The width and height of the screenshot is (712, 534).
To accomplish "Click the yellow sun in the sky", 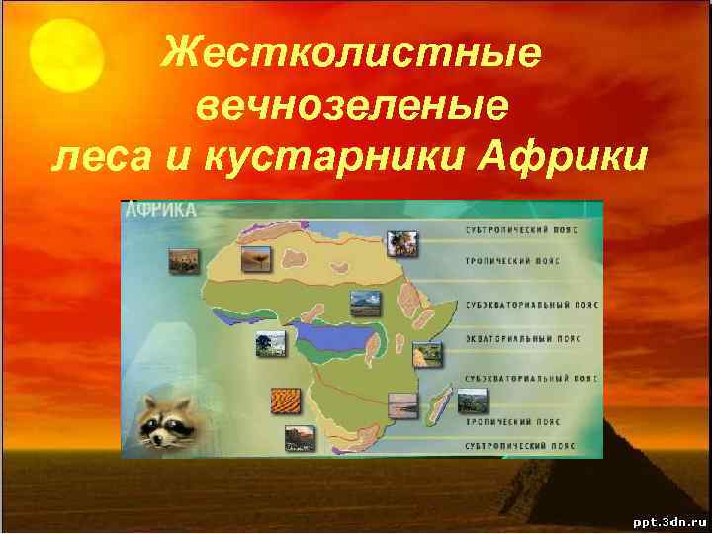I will (66, 54).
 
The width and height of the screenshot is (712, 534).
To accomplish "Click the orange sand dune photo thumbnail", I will (285, 400).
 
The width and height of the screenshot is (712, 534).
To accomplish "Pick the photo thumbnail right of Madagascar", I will (473, 401).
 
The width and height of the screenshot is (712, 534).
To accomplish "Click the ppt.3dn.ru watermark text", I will (666, 519).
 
